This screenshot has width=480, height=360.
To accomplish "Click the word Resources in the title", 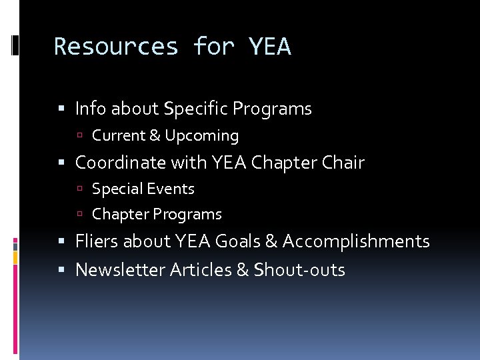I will coord(116,47).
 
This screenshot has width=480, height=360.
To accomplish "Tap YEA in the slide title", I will coord(269,47).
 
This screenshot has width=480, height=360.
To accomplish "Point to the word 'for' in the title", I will coord(213,47).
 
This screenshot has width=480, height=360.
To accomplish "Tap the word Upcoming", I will coord(202,136).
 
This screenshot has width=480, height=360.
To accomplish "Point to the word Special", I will coord(114,189).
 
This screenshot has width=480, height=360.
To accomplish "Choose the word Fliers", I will coord(95,241).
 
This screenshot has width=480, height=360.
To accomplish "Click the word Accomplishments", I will coord(356,241).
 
